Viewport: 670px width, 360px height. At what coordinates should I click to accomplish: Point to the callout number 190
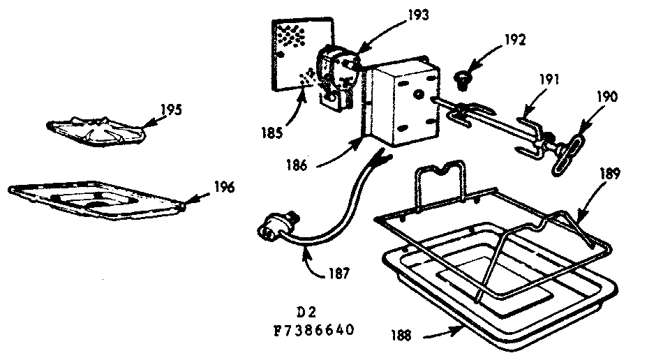point(606,96)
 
